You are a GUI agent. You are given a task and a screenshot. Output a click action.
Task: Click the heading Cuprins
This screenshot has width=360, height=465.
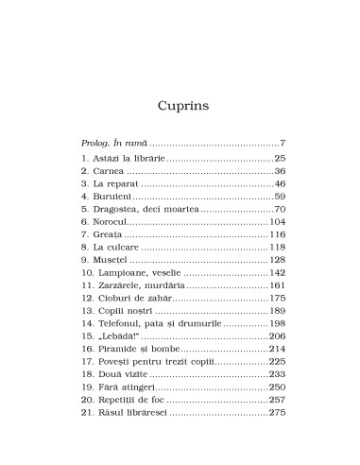[180, 85]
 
